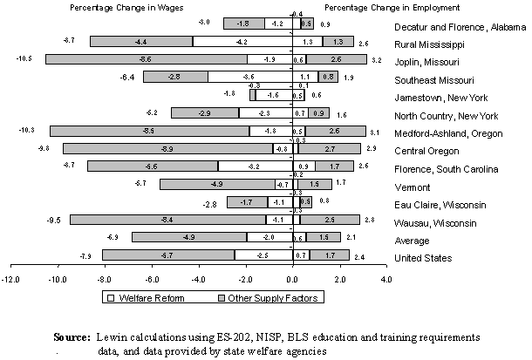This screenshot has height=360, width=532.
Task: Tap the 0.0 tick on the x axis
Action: [293, 279]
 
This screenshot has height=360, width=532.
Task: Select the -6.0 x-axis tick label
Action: [152, 279]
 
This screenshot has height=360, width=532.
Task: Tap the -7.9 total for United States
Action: [86, 255]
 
